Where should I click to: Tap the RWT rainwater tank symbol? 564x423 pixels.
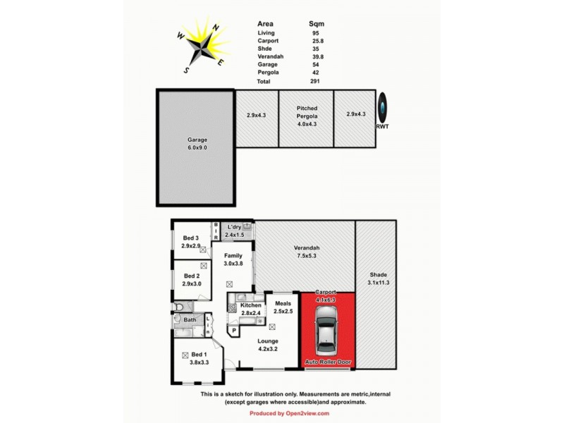[x=381, y=109]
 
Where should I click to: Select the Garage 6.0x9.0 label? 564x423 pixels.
[x=197, y=144]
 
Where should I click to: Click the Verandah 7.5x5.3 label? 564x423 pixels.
[x=307, y=252]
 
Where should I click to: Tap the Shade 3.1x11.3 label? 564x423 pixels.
[x=378, y=279]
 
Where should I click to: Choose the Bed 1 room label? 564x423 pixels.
[x=198, y=359]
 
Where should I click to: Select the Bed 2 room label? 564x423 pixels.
[x=192, y=280]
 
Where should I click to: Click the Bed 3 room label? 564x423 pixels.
[x=191, y=242]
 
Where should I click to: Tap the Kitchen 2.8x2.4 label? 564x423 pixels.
[x=250, y=309]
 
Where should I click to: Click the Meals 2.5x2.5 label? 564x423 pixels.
[x=283, y=307]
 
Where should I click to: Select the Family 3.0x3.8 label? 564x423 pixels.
[x=233, y=259]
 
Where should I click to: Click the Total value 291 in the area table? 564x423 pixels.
[x=315, y=82]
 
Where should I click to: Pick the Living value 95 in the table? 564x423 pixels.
[x=314, y=32]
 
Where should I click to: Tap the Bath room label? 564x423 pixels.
[x=190, y=320]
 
